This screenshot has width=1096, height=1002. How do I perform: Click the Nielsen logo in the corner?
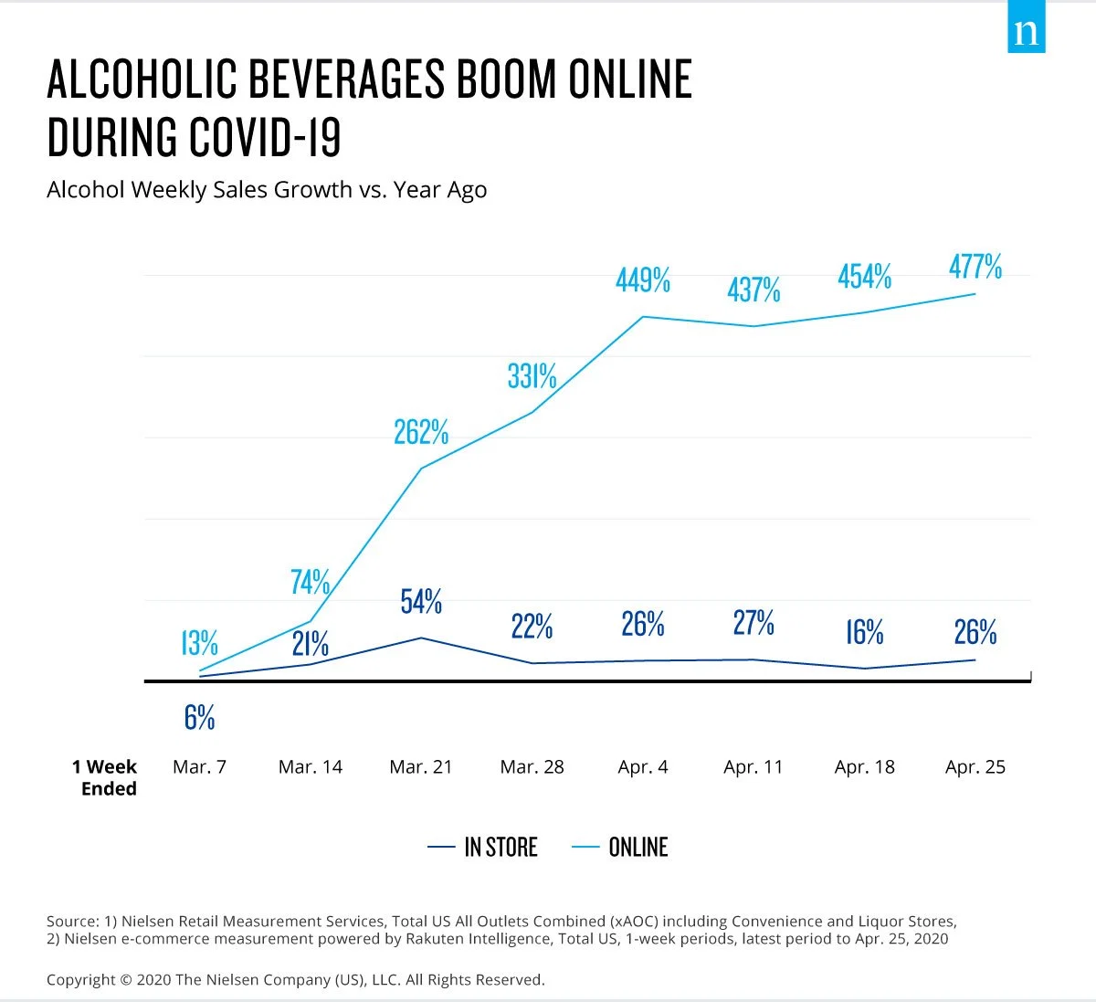click(1026, 32)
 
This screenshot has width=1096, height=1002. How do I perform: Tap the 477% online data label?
click(975, 267)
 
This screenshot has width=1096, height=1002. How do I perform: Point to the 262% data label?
click(421, 432)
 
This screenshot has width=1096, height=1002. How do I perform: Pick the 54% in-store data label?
click(421, 602)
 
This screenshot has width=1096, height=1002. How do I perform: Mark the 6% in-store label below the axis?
click(199, 718)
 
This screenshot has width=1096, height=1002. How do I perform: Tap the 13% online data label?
click(199, 643)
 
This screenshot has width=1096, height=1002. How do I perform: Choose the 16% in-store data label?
click(864, 632)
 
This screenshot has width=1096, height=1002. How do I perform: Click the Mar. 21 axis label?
click(421, 767)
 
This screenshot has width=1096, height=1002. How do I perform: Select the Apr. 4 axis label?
click(643, 767)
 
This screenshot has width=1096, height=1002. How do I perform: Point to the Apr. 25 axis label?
click(975, 767)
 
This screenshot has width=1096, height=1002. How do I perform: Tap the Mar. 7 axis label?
click(199, 767)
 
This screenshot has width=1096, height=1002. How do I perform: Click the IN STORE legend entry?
click(484, 848)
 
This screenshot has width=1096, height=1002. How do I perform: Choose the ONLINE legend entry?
click(621, 848)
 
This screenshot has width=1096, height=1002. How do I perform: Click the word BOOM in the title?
click(505, 80)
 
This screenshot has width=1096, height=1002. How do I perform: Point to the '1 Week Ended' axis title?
click(106, 777)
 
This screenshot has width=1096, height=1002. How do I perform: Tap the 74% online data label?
click(311, 582)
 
